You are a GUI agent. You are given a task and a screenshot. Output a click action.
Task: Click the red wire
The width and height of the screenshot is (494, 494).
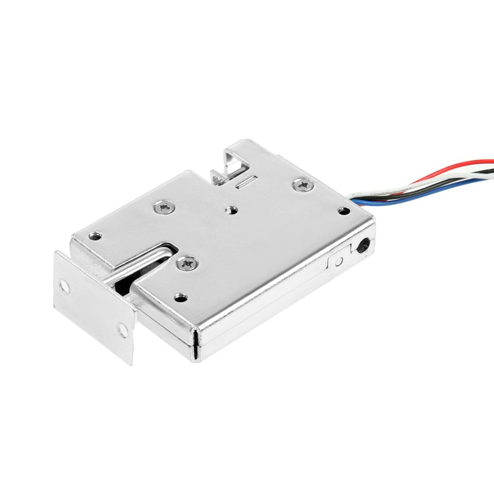[x=457, y=167]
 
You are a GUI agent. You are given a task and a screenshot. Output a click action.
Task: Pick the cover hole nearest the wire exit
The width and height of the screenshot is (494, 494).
[x=344, y=211]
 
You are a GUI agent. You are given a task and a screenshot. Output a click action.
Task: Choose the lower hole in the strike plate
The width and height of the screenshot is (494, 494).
[x=123, y=330]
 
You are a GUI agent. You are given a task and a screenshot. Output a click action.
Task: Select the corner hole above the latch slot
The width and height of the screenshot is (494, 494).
[x=95, y=237]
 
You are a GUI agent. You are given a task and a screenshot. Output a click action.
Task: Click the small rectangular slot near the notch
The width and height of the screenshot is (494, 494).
[x=246, y=182]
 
